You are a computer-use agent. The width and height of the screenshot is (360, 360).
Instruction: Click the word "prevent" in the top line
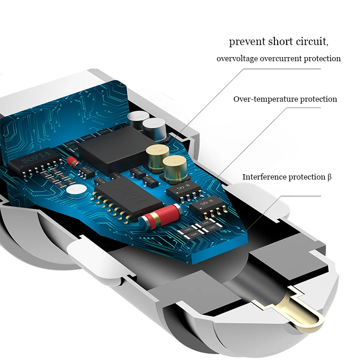247,42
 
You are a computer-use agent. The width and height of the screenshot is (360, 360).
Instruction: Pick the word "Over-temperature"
265,99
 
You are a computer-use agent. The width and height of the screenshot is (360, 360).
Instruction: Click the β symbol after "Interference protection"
329,177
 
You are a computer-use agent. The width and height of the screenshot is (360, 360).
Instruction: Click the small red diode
73,161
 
